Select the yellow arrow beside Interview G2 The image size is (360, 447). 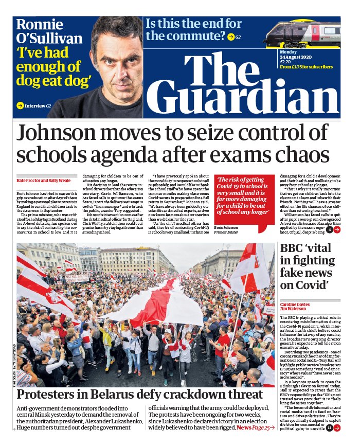pos(20,106)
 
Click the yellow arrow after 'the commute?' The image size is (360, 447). pos(231,37)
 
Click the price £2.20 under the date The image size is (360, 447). pos(285,61)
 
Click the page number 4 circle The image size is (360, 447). pos(329,229)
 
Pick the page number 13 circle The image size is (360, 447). pos(329,427)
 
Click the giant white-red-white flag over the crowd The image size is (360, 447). pos(154,303)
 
